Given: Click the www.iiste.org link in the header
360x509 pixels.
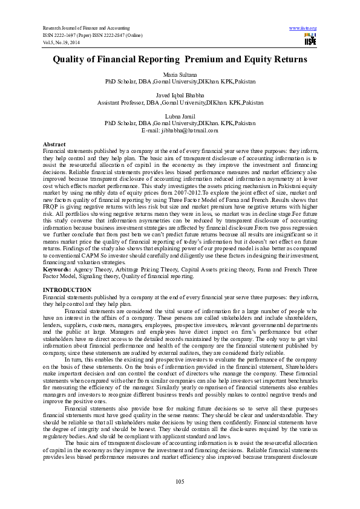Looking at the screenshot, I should coord(303,28).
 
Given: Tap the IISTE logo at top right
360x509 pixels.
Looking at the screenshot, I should coord(310,40).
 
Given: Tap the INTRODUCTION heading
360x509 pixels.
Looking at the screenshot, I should coord(67,290).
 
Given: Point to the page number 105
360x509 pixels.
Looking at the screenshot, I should coord(180,481).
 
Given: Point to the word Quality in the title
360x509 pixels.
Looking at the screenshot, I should coord(71,60).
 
